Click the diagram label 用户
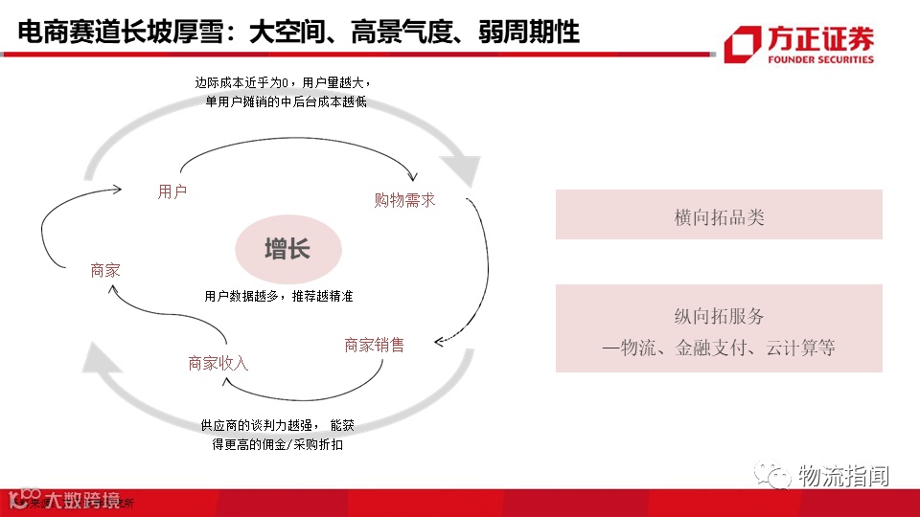point(172,191)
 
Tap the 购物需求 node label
point(404,200)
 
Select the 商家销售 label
point(375,345)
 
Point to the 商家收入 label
point(218,363)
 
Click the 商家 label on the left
point(105,271)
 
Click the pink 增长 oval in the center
point(287,251)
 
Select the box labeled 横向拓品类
point(719,216)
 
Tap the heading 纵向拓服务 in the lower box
point(719,317)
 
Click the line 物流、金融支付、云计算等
point(719,348)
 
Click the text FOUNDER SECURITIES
point(821,59)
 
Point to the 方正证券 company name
point(821,39)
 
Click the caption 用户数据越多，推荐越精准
point(279,297)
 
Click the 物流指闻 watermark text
point(843,475)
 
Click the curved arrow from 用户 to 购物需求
point(297,143)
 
